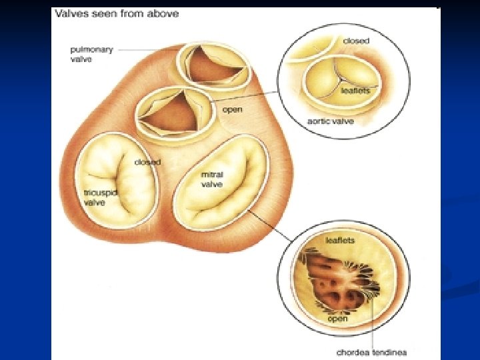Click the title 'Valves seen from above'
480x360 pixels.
[117, 14]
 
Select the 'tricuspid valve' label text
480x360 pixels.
[94, 197]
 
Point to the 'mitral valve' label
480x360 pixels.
[212, 179]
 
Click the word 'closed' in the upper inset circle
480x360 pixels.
[356, 41]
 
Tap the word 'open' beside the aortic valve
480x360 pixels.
[232, 109]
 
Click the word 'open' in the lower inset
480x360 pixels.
[338, 319]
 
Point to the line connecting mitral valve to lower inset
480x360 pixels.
[270, 225]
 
